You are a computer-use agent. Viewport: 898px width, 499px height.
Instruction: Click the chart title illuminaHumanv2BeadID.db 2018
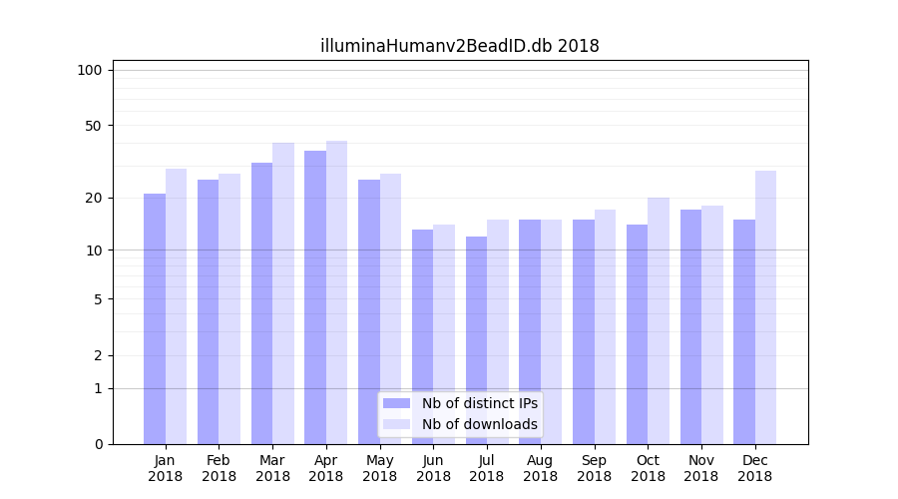point(459,46)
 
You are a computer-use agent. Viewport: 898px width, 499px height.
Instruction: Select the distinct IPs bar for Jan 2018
point(155,319)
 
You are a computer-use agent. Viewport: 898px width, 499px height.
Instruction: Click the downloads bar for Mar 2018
point(283,293)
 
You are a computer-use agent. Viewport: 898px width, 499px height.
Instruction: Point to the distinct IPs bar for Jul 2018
point(476,340)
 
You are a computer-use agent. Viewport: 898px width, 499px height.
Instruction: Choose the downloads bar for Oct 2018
point(659,320)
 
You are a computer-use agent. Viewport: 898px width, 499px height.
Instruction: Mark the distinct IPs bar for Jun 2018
point(423,336)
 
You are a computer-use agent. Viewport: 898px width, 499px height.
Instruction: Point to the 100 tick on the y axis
point(90,70)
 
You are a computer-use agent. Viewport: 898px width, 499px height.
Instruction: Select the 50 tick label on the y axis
point(93,126)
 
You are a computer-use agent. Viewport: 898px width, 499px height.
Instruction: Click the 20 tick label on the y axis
point(93,198)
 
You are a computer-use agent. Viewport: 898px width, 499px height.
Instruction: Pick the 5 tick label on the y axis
point(97,298)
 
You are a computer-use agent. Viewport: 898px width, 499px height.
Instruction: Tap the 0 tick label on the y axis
point(97,444)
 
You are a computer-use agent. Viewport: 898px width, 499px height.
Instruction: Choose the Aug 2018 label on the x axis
point(541,468)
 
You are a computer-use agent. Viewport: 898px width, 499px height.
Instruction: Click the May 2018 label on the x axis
point(380,468)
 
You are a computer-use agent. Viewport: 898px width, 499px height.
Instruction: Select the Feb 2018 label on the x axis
point(219,468)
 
